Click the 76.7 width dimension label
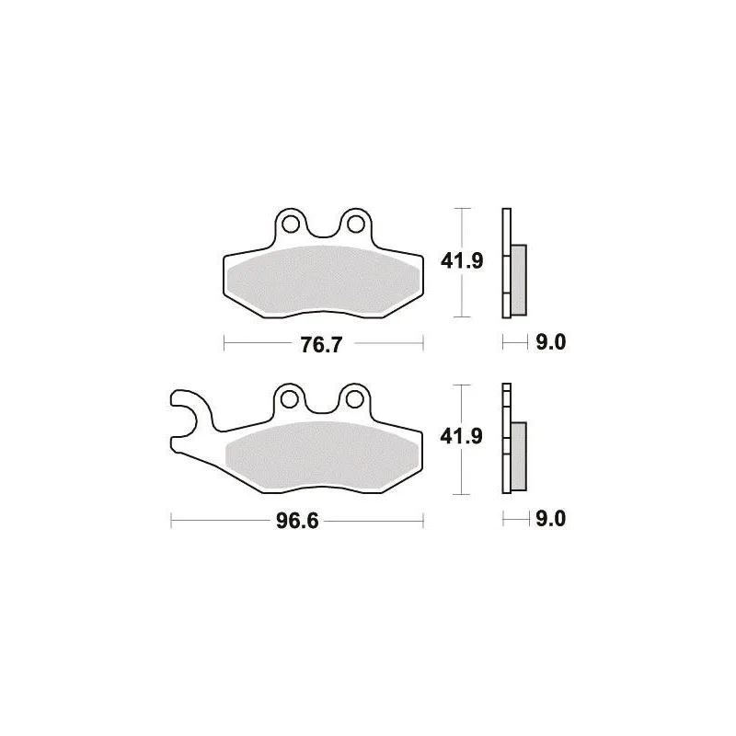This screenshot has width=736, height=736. point(321,345)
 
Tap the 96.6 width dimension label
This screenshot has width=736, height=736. point(297,521)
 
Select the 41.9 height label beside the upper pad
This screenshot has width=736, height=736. point(462,261)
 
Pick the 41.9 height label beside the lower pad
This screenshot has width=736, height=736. point(462,437)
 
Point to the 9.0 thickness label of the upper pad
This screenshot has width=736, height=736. point(551,342)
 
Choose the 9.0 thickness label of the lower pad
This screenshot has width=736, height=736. point(550,519)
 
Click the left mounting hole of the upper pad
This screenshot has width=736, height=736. point(291,224)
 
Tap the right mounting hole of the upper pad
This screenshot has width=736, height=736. point(355,224)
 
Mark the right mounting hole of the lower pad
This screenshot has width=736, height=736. point(354,400)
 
